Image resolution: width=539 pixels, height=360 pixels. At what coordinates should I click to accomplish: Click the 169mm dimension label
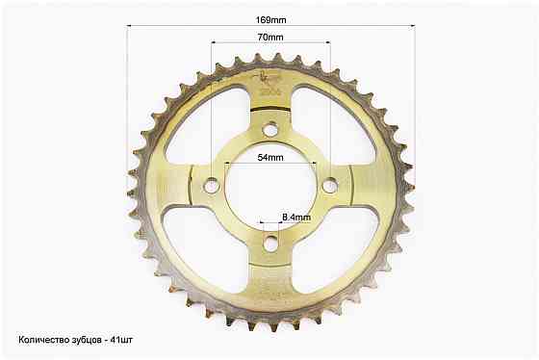coord(270,20)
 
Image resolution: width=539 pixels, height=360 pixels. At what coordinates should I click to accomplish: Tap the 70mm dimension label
coord(270,37)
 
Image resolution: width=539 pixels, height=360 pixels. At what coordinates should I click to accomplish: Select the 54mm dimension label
coord(270,158)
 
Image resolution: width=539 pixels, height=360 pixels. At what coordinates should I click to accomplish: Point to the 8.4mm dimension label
coord(296,218)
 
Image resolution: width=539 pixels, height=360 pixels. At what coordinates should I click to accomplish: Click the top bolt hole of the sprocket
coord(270,130)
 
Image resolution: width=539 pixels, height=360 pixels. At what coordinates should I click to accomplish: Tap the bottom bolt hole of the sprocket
coord(270,244)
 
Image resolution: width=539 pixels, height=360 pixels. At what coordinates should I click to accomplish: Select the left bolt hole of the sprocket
coord(212,186)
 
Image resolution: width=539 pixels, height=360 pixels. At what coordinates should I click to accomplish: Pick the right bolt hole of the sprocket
coord(331,186)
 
